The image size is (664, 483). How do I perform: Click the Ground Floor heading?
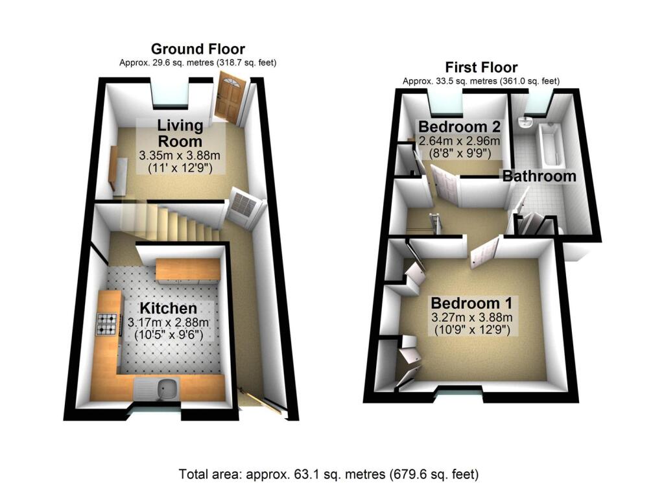point(197,49)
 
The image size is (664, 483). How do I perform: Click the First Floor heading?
point(480,67)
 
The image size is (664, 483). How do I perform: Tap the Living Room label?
point(180,132)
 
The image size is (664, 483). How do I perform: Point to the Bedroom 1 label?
point(472,303)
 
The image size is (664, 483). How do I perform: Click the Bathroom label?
point(539,176)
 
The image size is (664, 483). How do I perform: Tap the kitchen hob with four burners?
point(108,325)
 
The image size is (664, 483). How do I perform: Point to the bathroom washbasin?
point(526,123)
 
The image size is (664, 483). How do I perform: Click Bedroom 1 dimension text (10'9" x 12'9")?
point(472,329)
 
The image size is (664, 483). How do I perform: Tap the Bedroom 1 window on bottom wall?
point(459,391)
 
